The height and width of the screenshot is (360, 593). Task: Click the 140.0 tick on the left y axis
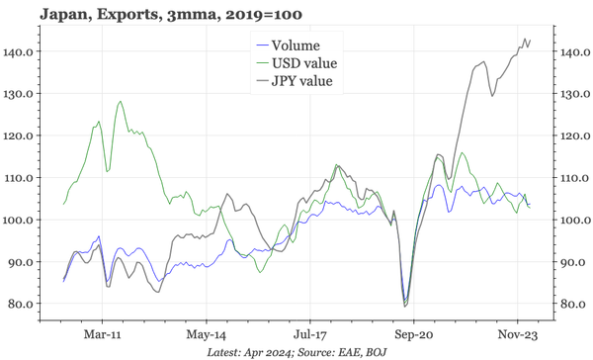(21, 51)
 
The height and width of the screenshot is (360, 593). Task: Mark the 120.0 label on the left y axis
(21, 135)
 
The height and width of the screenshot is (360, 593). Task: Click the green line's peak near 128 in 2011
(120, 101)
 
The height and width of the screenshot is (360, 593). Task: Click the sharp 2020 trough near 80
(404, 304)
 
